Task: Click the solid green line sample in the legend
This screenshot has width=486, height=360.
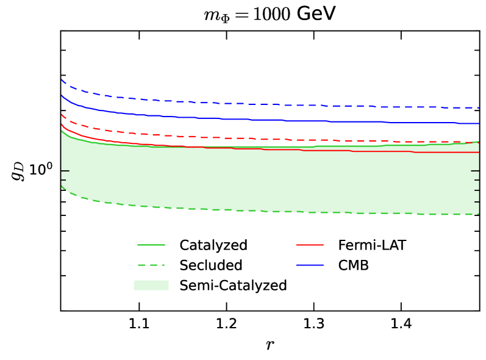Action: pyautogui.click(x=151, y=245)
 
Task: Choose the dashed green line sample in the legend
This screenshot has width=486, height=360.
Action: pyautogui.click(x=151, y=265)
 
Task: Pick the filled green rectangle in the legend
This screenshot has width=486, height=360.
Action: pyautogui.click(x=151, y=285)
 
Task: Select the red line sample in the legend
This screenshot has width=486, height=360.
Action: pyautogui.click(x=309, y=245)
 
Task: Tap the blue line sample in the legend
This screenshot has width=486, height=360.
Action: pyautogui.click(x=309, y=265)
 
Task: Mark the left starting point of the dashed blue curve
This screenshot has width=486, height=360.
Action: pyautogui.click(x=62, y=79)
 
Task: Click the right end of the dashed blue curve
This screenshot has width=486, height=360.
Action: pyautogui.click(x=478, y=107)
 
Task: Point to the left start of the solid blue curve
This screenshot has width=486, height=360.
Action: pyautogui.click(x=62, y=95)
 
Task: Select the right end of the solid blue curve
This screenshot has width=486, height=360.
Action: pyautogui.click(x=478, y=123)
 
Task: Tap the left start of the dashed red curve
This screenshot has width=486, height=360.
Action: pyautogui.click(x=62, y=114)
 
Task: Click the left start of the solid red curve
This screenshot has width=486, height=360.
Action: pyautogui.click(x=62, y=124)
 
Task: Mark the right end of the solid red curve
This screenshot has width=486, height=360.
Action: pyautogui.click(x=478, y=152)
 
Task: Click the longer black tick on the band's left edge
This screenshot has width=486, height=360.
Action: pyautogui.click(x=65, y=171)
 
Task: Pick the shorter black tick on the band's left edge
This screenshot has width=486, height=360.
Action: pyautogui.click(x=63, y=180)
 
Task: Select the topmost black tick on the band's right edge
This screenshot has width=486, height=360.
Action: pyautogui.click(x=475, y=171)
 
